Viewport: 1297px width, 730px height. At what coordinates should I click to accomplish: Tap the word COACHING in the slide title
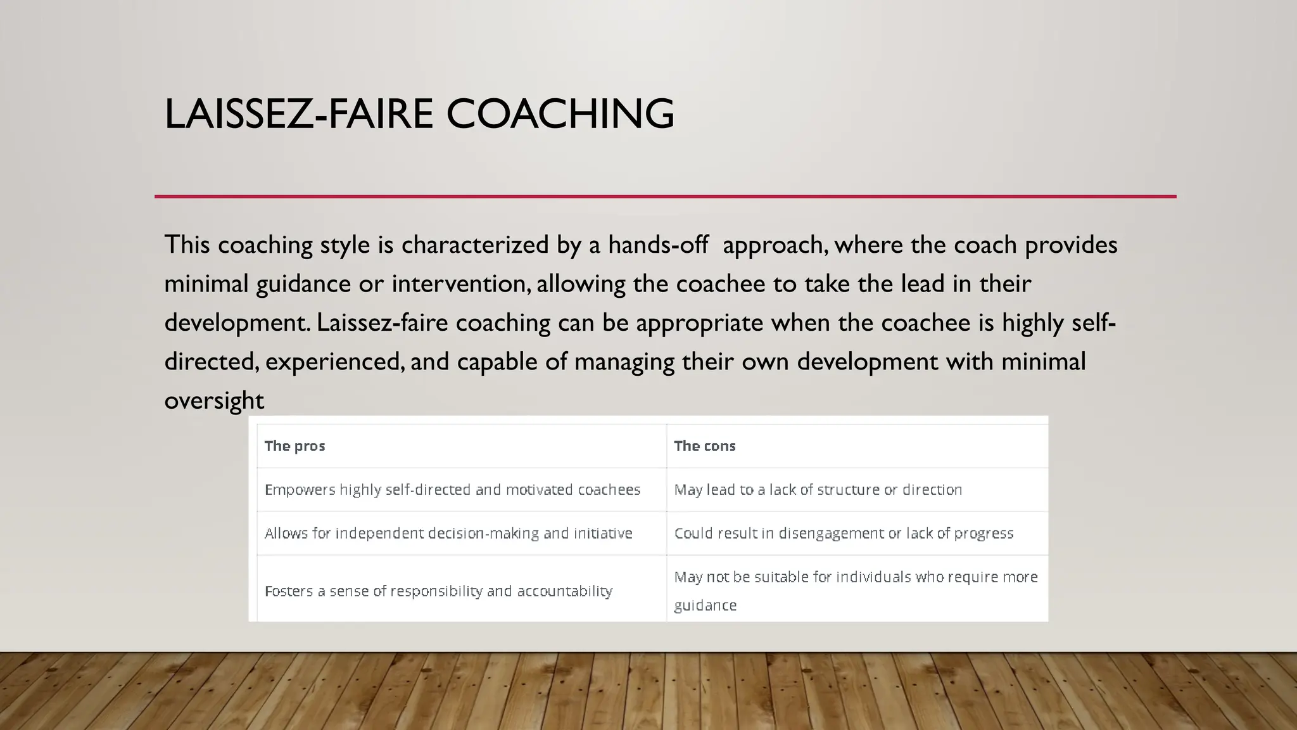coord(560,114)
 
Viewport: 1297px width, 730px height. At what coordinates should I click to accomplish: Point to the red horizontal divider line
coord(665,196)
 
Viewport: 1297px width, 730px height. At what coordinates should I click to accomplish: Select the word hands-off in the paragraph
coord(658,245)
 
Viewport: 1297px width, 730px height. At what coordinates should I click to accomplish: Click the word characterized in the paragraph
coord(475,245)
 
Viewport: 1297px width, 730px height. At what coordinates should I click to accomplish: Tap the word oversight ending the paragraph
coord(213,401)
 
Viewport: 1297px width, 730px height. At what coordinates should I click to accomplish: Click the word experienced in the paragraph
coord(333,362)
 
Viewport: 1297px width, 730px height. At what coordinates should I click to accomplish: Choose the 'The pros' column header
coord(294,446)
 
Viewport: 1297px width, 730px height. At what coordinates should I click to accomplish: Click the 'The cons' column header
coord(704,446)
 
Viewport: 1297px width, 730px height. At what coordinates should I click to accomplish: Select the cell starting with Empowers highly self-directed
coord(452,490)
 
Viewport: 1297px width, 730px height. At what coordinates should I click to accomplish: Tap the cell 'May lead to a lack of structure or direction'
coord(818,490)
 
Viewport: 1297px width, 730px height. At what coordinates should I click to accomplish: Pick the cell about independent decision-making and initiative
coord(448,534)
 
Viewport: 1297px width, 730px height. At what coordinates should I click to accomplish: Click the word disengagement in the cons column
coord(831,534)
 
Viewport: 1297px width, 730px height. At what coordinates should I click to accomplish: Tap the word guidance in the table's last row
coord(705,606)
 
